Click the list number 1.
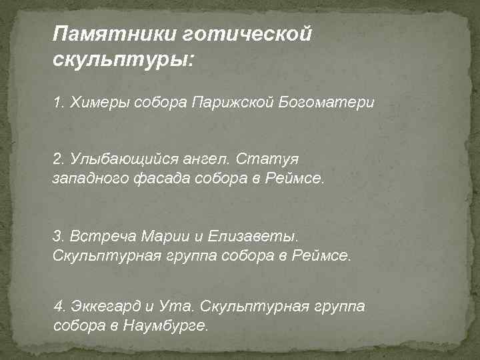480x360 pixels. (x=58, y=103)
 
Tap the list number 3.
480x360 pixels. (x=58, y=237)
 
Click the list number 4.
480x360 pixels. (x=60, y=307)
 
